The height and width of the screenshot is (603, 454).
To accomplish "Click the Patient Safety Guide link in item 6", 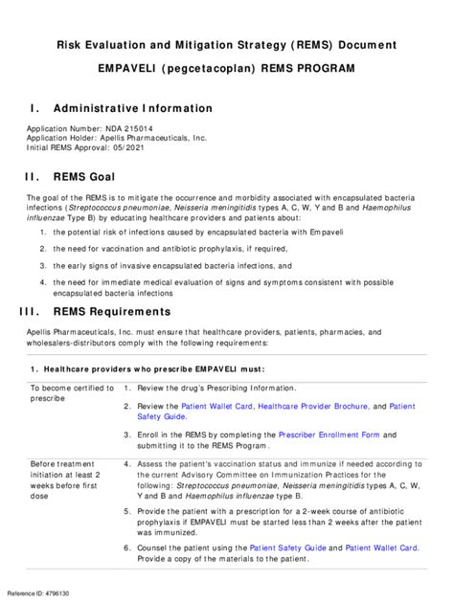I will point(289,548).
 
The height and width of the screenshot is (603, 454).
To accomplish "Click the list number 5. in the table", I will point(127,512).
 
